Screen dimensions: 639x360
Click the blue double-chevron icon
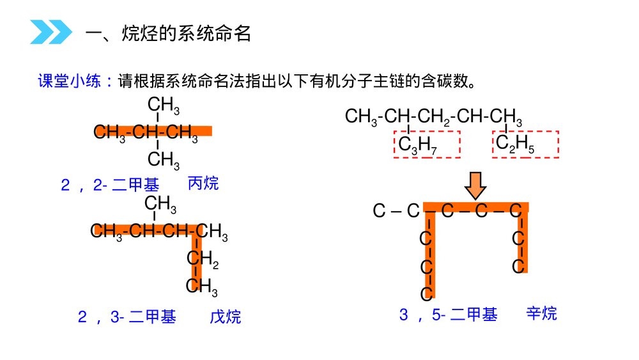click(51, 32)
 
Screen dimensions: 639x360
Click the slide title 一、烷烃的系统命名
click(168, 33)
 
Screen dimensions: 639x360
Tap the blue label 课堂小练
click(69, 81)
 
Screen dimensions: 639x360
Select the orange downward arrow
click(475, 185)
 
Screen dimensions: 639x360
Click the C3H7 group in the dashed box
click(417, 145)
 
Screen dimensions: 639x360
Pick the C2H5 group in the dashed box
click(515, 144)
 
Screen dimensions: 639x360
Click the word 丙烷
click(203, 184)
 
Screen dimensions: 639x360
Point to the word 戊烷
click(226, 317)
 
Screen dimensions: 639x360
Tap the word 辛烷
click(542, 313)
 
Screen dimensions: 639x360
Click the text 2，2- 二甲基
click(110, 185)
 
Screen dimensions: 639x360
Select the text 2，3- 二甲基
click(127, 317)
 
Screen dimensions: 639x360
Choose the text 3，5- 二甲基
click(449, 315)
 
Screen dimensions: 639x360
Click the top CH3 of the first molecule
click(164, 106)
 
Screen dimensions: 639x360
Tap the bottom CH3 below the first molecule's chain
click(164, 160)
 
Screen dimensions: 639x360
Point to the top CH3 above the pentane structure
click(160, 204)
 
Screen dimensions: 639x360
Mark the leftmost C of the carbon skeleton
click(379, 211)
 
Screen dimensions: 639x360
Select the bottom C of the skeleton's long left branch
click(426, 293)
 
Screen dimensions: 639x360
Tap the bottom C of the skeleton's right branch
click(518, 266)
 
